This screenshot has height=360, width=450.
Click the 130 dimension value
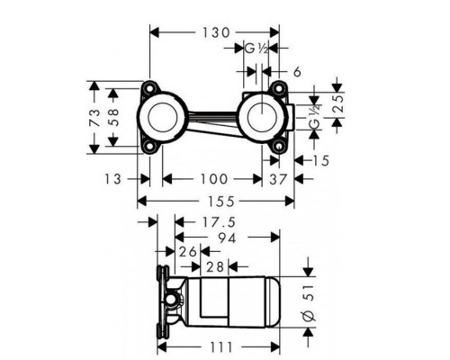pyautogui.click(x=216, y=32)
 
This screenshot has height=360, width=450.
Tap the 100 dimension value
pyautogui.click(x=214, y=179)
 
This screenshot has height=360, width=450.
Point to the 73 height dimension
pyautogui.click(x=94, y=118)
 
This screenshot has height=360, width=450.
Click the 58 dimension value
pyautogui.click(x=112, y=117)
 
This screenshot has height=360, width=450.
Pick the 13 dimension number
pyautogui.click(x=112, y=179)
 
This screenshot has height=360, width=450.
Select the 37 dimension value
pyautogui.click(x=278, y=179)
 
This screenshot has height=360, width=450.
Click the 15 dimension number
pyautogui.click(x=321, y=160)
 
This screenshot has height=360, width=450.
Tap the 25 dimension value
pyautogui.click(x=338, y=103)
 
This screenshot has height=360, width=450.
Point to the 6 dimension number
pyautogui.click(x=297, y=72)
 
